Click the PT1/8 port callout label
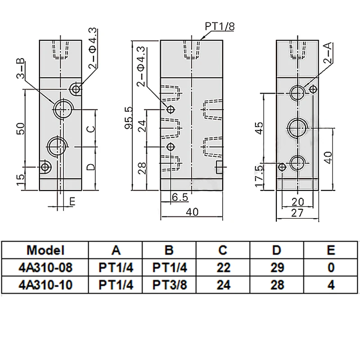[220, 27]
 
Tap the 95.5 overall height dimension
[129, 117]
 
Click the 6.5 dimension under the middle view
[180, 197]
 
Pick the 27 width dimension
[297, 213]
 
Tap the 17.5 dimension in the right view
[259, 176]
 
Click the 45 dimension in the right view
[259, 128]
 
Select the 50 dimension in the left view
[21, 129]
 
